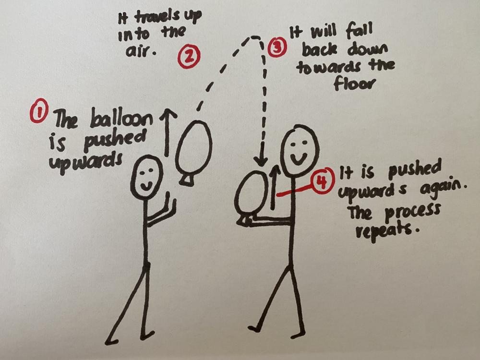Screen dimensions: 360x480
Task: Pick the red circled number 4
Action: [322, 182]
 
